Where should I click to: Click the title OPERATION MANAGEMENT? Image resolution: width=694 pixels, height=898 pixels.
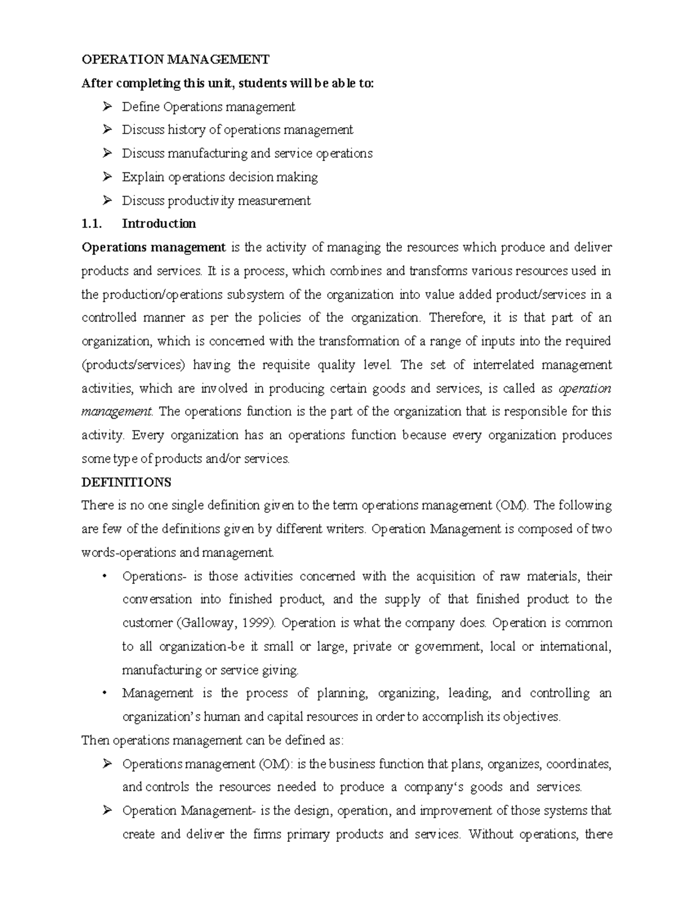tap(175, 59)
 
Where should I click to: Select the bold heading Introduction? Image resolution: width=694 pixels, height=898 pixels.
tap(159, 224)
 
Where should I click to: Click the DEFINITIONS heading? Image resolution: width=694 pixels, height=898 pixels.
tap(126, 482)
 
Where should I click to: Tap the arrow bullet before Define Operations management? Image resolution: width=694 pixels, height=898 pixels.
tap(107, 106)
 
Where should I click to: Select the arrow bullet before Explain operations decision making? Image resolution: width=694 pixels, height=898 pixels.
tap(107, 177)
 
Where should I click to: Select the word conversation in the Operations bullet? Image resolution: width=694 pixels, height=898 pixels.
tap(157, 600)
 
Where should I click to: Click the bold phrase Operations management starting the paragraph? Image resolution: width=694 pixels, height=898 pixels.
tap(153, 247)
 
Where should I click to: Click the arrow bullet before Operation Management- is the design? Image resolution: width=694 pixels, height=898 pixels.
tap(107, 811)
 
